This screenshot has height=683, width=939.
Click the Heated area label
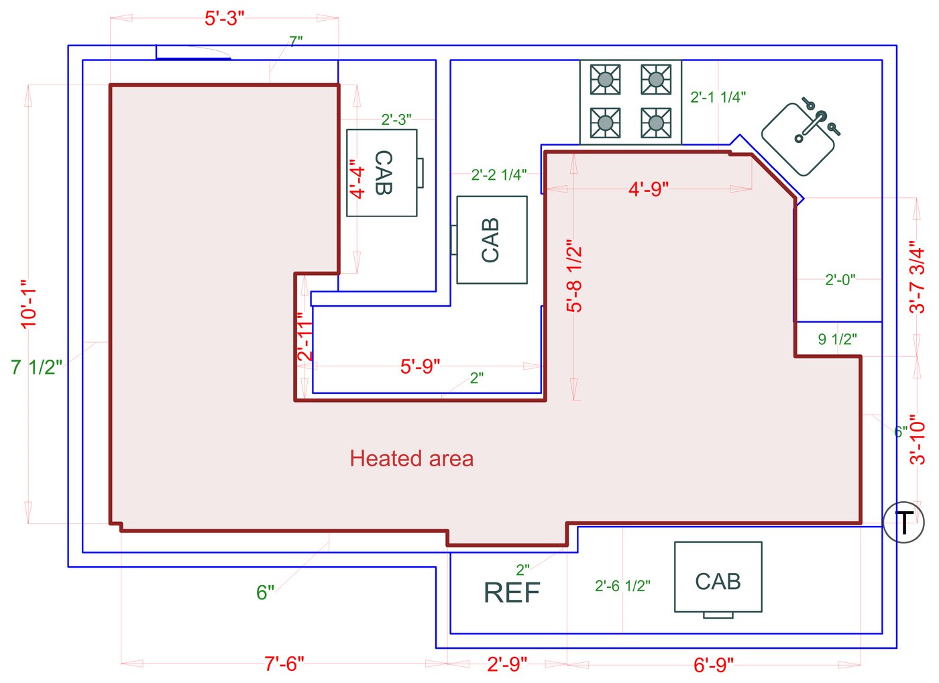click(412, 459)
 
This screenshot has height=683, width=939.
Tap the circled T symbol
click(903, 522)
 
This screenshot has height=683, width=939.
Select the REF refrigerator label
click(512, 592)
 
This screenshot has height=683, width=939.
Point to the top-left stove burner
click(605, 80)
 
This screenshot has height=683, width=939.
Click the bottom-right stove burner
click(656, 123)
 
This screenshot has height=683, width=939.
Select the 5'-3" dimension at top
click(225, 18)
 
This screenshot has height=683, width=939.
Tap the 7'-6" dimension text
click(284, 664)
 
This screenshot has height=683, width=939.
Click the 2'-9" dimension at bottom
click(507, 664)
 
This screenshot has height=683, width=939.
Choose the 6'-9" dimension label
click(714, 665)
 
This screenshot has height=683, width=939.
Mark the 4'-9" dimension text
click(649, 189)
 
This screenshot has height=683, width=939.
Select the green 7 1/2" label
click(37, 368)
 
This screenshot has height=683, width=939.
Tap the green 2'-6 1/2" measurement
click(622, 586)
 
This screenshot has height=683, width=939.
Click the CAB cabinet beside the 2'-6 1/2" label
click(718, 578)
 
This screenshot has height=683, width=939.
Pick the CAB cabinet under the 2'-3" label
click(382, 172)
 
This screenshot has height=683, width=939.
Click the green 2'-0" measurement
click(840, 280)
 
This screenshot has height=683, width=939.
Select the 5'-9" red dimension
click(421, 366)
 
